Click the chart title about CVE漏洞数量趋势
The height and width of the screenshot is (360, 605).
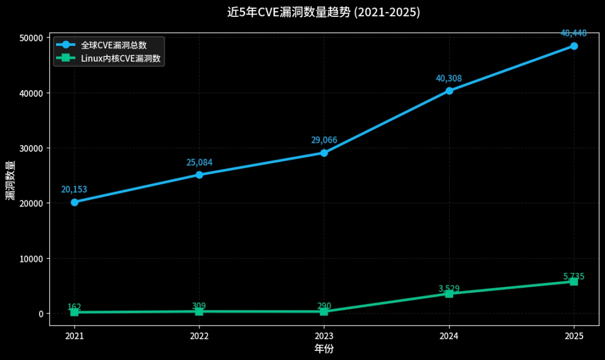pos(323,12)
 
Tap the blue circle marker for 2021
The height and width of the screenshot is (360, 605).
pos(75,202)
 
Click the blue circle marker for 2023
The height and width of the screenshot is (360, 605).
pos(324,153)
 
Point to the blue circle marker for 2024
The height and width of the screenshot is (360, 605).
pos(449,91)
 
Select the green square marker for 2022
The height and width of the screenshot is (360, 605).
pos(199,311)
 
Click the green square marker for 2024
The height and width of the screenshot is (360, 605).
pos(449,293)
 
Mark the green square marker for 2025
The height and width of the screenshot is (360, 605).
pos(574,282)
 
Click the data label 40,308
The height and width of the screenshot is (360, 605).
pos(449,78)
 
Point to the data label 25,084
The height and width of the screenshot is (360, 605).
pos(199,162)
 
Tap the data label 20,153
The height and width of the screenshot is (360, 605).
pos(74,189)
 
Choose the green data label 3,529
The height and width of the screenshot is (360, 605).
pos(449,288)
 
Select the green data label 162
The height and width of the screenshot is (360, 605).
pos(74,307)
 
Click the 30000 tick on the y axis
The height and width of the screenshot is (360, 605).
pos(33,148)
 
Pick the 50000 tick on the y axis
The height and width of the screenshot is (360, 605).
pos(33,38)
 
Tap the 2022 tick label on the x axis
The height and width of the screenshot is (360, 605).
pos(199,336)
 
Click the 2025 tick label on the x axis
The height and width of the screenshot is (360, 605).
pos(574,336)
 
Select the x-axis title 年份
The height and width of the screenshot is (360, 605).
pos(324,349)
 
